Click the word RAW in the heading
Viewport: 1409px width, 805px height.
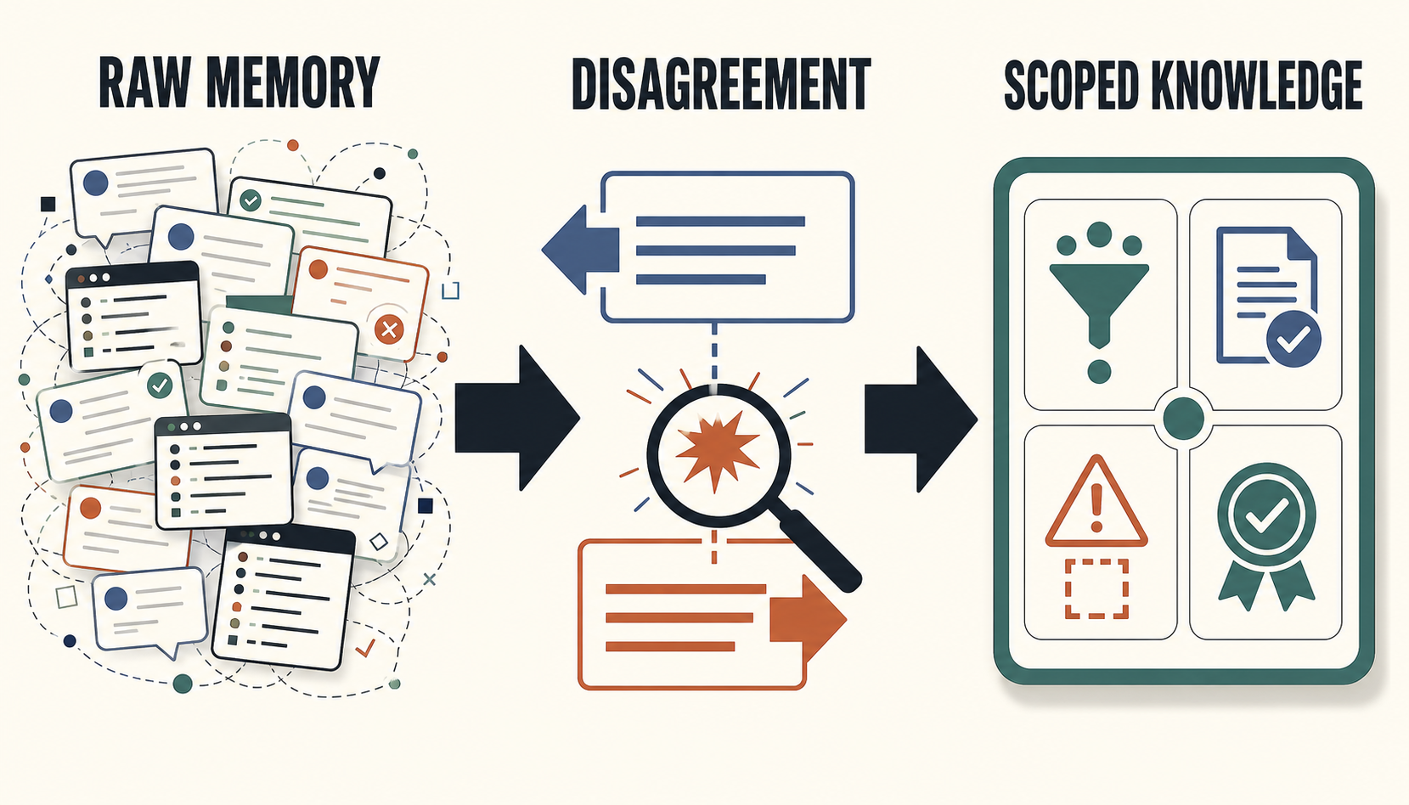pyautogui.click(x=144, y=82)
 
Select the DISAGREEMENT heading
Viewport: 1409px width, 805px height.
pyautogui.click(x=721, y=84)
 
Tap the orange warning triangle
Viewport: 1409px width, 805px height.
pyautogui.click(x=1096, y=501)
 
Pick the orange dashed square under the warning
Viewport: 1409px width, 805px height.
pyautogui.click(x=1096, y=588)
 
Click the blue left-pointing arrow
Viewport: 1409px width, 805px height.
pyautogui.click(x=581, y=250)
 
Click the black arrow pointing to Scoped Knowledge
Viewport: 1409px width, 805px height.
pyautogui.click(x=921, y=419)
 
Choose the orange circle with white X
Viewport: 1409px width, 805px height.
pyautogui.click(x=389, y=329)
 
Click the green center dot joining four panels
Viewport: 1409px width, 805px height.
pyautogui.click(x=1183, y=418)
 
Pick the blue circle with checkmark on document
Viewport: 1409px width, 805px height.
pyautogui.click(x=1293, y=338)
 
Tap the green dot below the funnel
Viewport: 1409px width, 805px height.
pyautogui.click(x=1099, y=372)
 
